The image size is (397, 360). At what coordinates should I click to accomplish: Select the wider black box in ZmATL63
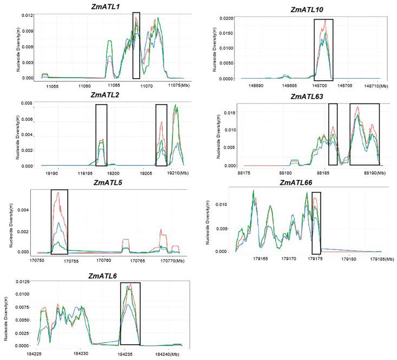point(365,134)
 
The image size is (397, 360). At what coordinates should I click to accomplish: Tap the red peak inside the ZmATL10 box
point(325,22)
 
